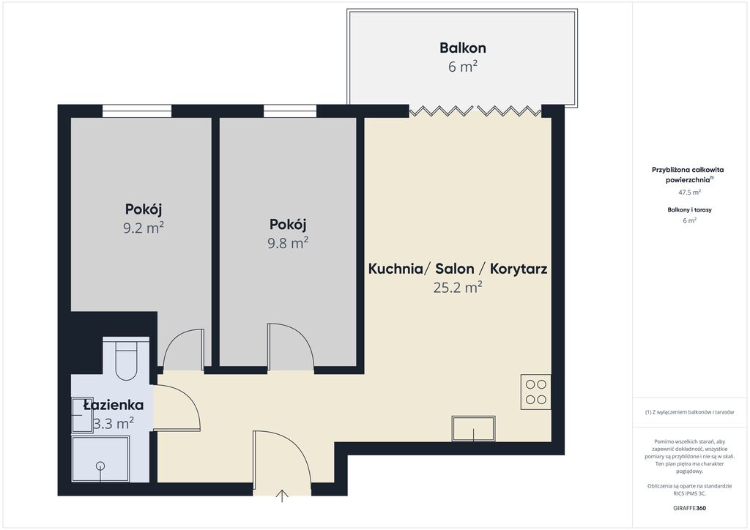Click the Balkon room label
pos(463,48)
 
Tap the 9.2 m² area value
pos(144,228)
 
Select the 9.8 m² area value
pos(287,243)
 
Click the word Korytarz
pos(519,269)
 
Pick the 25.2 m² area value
pos(458,287)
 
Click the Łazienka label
pos(114,405)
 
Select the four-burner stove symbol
pos(535,392)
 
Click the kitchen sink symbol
pos(474,428)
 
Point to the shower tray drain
pos(100,466)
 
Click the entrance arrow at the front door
pos(282,496)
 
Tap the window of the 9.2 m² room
pos(137,111)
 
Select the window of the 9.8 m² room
pos(290,111)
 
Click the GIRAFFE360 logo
pos(689,508)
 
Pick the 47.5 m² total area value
pos(689,192)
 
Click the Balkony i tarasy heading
pos(689,210)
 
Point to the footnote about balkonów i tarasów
pos(689,412)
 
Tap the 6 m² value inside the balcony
pos(463,67)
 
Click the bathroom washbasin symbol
pos(81,415)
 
